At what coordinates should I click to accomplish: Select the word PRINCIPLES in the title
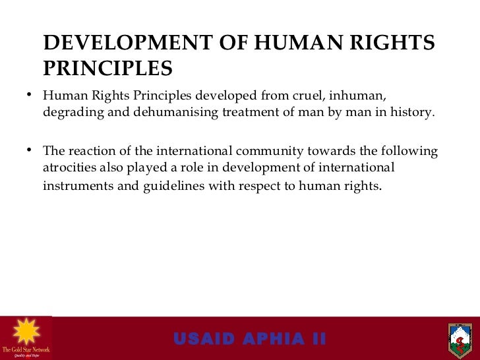pyautogui.click(x=107, y=69)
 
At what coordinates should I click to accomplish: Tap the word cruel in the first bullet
pyautogui.click(x=337, y=96)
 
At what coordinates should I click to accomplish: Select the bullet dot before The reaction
pyautogui.click(x=30, y=151)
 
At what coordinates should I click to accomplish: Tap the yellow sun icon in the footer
pyautogui.click(x=25, y=330)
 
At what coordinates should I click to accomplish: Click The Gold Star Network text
pyautogui.click(x=25, y=349)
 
